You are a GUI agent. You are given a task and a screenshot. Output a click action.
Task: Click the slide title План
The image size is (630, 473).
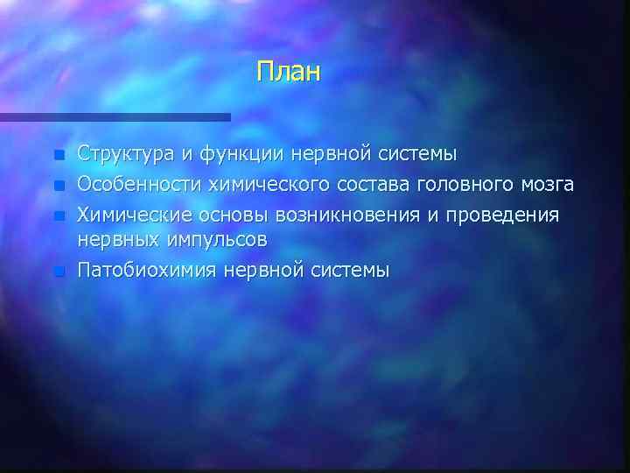point(290,71)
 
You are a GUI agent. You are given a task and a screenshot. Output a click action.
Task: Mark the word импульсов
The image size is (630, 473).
point(213,238)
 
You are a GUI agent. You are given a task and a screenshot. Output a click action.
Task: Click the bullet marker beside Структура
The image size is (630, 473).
point(58,156)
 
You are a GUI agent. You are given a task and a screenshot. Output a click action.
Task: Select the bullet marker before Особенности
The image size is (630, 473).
point(58,185)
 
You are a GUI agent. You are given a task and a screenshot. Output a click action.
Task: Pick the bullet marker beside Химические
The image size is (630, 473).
point(58,214)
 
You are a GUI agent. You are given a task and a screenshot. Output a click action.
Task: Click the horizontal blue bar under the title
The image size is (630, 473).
point(115,116)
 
